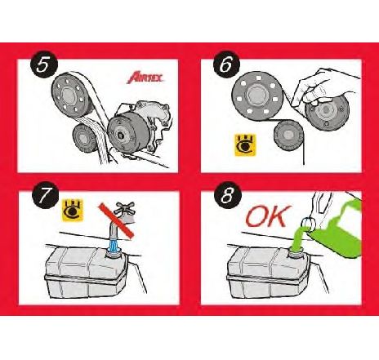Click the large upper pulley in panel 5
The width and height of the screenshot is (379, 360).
(69, 92)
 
